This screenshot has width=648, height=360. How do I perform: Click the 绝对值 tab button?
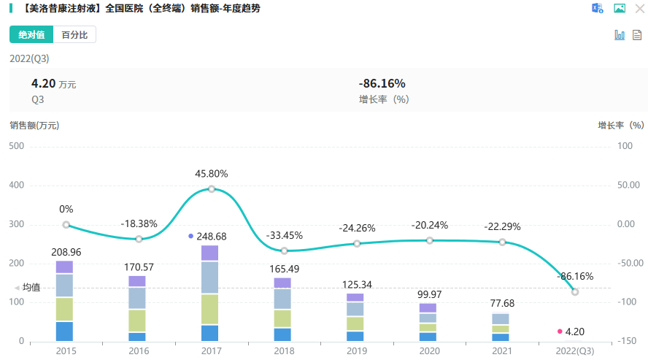click(x=31, y=34)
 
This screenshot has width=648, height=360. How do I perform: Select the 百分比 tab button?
click(x=74, y=34)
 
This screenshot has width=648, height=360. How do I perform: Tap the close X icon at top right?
click(x=639, y=9)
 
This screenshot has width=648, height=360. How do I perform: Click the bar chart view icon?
click(x=620, y=34)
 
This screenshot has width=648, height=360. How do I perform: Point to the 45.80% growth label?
click(x=212, y=174)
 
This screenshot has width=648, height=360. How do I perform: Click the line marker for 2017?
click(x=212, y=189)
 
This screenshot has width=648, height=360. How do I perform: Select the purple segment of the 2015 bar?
click(x=64, y=267)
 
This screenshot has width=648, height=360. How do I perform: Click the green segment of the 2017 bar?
click(x=209, y=309)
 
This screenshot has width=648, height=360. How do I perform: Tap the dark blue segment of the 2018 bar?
click(x=282, y=334)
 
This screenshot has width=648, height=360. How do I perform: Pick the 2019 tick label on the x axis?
click(x=357, y=351)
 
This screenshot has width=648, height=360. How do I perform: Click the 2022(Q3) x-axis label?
click(x=574, y=351)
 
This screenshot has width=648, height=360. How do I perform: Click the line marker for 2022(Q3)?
click(x=575, y=292)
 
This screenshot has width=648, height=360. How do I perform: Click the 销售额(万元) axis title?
click(x=34, y=125)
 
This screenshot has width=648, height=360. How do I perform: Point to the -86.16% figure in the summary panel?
click(x=382, y=83)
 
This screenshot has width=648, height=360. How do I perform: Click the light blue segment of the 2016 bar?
click(x=137, y=298)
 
